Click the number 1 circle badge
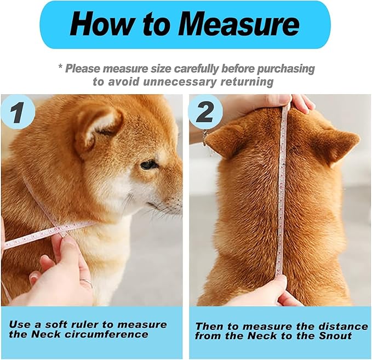[x=17, y=113]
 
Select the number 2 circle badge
[x=205, y=113]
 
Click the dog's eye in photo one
[x=148, y=164]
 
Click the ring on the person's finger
[x=86, y=283]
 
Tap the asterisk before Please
[x=60, y=68]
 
